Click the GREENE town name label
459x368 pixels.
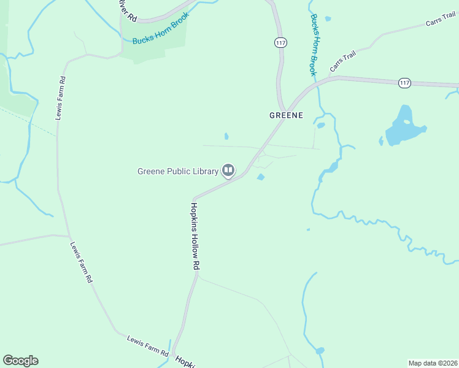coord(286,115)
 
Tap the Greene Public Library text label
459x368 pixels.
coord(177,171)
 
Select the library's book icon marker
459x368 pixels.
coord(228,171)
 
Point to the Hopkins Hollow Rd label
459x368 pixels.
coord(196,236)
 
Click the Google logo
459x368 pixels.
coord(20,361)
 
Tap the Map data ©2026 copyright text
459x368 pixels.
coord(432,363)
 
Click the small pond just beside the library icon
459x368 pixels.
coord(260,177)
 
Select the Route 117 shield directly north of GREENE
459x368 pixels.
coord(280,42)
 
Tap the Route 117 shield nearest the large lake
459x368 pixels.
coord(404,82)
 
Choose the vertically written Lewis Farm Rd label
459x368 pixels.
coord(60,98)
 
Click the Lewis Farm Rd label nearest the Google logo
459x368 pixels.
coord(147,346)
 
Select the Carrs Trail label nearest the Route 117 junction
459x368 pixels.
coord(343,61)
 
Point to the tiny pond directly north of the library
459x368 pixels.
coord(226,136)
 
